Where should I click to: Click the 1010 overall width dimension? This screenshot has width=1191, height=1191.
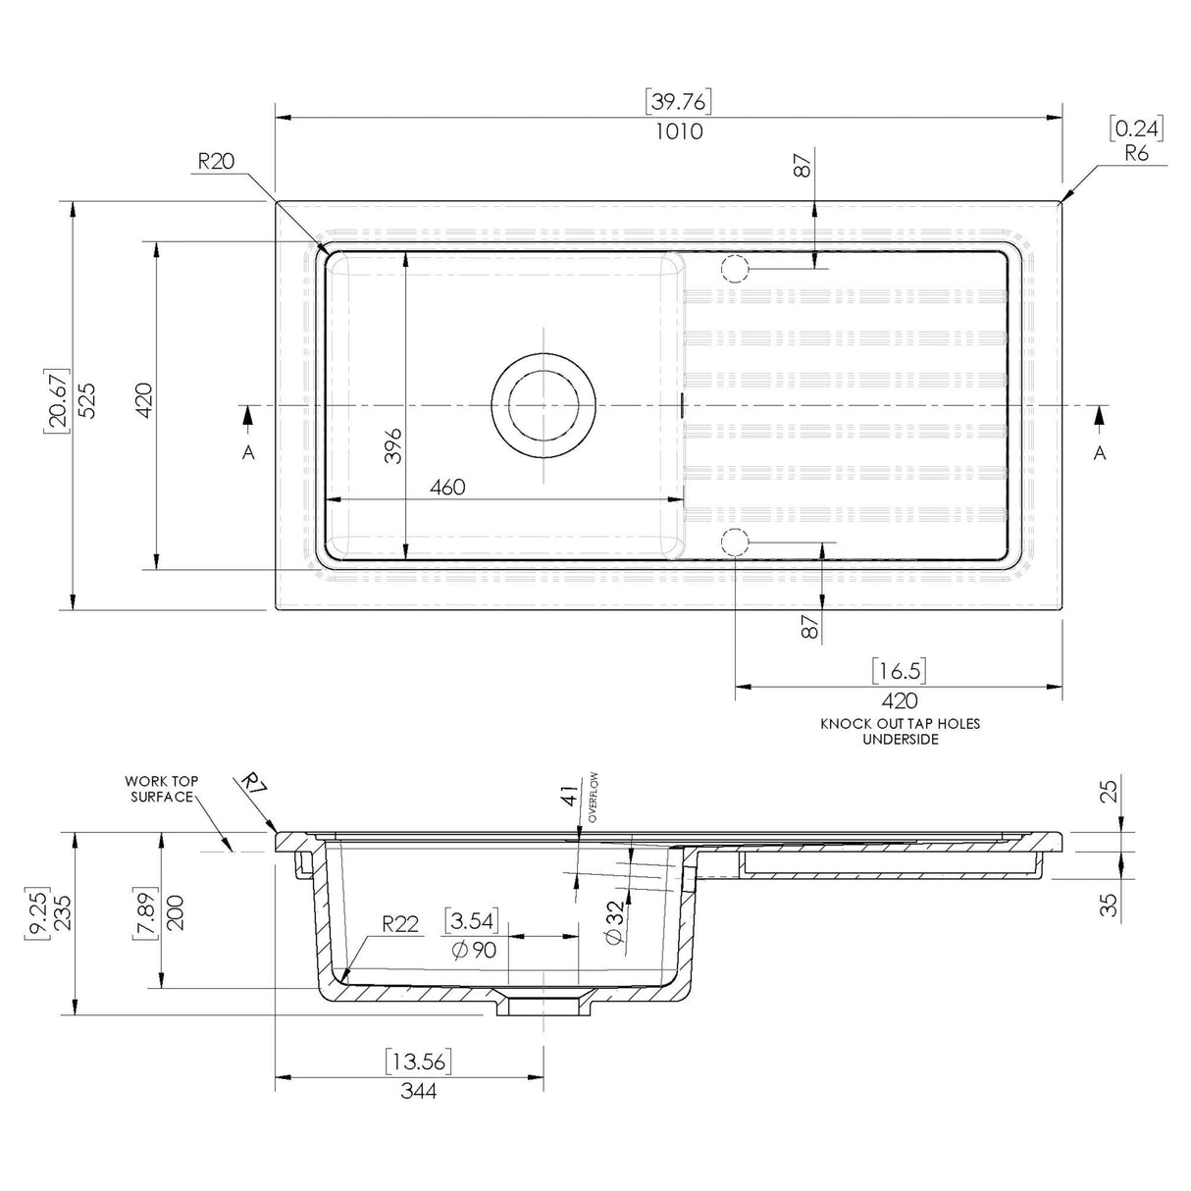click(x=679, y=130)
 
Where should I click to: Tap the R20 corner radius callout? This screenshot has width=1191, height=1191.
click(x=216, y=162)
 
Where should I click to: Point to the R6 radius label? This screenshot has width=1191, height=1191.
click(x=1136, y=153)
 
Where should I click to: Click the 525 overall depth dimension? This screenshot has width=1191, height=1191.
click(x=86, y=400)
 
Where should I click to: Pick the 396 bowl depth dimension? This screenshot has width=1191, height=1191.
click(x=392, y=446)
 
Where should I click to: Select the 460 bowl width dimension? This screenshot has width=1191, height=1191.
click(x=446, y=487)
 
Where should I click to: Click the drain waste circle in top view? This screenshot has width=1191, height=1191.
click(x=544, y=405)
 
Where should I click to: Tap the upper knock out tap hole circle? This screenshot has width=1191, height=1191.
click(x=735, y=267)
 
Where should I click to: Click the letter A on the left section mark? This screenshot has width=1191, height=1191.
click(x=248, y=452)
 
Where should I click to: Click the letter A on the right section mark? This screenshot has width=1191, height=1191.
click(x=1100, y=452)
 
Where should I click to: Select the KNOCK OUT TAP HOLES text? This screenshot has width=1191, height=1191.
click(x=900, y=724)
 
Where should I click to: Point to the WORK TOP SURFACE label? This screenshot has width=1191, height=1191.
click(x=161, y=789)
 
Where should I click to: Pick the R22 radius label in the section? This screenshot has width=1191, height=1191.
click(x=400, y=923)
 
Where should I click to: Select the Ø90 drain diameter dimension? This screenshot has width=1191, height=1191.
click(x=475, y=949)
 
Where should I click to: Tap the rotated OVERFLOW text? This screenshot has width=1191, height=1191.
click(x=594, y=797)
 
